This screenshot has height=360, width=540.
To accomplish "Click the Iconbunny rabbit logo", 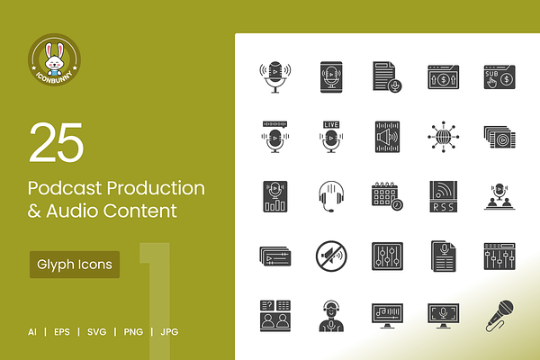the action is (54, 60).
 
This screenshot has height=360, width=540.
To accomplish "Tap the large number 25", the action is (57, 142).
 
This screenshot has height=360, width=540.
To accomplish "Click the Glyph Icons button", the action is (75, 265).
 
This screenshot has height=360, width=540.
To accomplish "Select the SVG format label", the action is (97, 332).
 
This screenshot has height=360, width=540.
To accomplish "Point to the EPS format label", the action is (62, 332).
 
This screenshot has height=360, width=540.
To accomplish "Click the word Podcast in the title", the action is (65, 188).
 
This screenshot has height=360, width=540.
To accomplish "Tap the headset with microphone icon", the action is (331, 197).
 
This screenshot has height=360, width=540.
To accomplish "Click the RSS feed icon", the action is (443, 196).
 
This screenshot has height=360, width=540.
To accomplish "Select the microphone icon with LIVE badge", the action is (331, 137).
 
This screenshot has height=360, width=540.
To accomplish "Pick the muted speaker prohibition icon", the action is (331, 256).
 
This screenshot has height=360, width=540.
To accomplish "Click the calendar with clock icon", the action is (387, 196).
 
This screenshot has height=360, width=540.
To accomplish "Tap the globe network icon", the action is (443, 137).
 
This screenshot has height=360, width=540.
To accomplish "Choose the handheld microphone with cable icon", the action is (499, 316).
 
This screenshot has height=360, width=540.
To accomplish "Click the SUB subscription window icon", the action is (499, 76).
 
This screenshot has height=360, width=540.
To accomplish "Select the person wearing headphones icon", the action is (331, 316).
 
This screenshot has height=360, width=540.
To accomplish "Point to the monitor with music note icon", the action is (387, 316).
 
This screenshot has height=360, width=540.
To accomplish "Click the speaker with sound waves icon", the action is (387, 137).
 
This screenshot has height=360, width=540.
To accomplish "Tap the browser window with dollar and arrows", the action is (443, 76).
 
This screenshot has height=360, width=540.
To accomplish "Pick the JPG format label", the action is (169, 332).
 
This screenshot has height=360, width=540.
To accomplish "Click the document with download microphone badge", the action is (387, 76).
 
